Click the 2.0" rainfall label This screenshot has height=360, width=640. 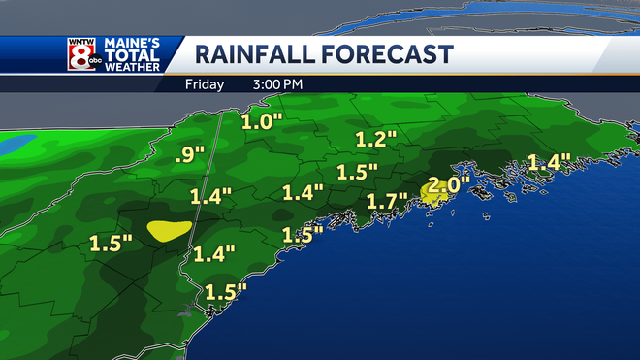pos(448,183)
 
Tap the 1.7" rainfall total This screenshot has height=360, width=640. pos(386,203)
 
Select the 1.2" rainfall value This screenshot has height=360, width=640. pos(377,139)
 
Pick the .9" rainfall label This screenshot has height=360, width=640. pos(191,152)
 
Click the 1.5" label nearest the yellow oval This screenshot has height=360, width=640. pos(110,244)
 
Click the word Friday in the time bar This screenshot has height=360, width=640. pos(205,84)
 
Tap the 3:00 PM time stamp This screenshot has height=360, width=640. pos(277,84)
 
